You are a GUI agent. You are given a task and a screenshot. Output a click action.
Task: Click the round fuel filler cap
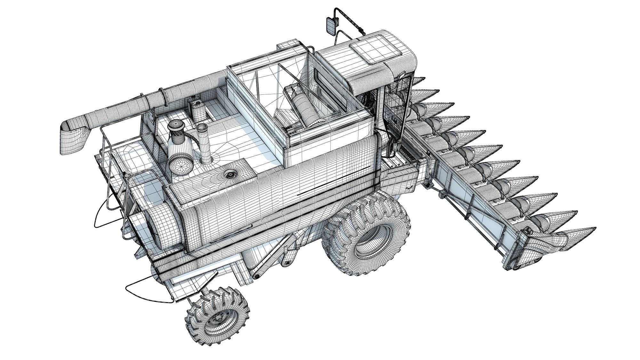[229, 175]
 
